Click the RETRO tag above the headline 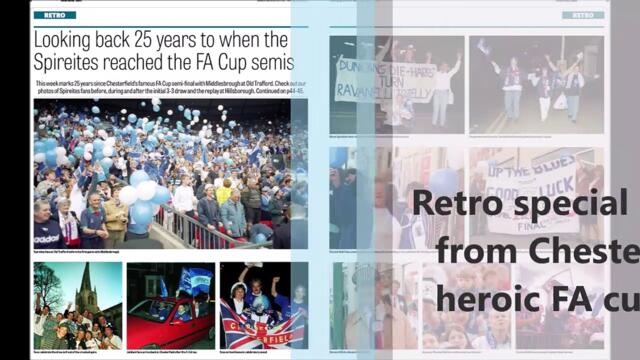[x=54, y=15]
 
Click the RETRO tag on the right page [x=582, y=15]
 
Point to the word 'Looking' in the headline [x=68, y=39]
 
